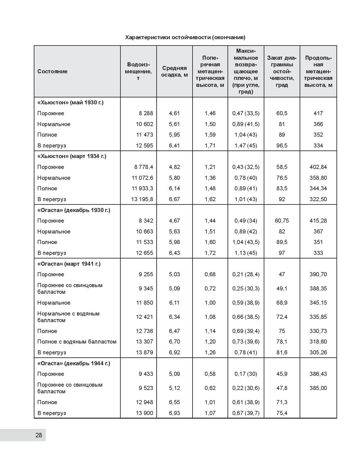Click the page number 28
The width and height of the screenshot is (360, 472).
(x=39, y=435)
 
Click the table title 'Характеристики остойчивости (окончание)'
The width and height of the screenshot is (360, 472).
(x=185, y=37)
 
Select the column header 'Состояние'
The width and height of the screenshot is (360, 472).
(x=52, y=71)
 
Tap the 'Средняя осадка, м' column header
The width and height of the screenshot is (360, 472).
(x=174, y=71)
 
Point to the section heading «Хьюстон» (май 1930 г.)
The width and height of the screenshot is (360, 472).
(x=70, y=103)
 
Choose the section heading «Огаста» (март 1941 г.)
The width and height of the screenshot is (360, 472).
(x=69, y=264)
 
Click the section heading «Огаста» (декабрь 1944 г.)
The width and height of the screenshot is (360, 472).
(x=74, y=363)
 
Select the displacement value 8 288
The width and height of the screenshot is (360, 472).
(x=146, y=113)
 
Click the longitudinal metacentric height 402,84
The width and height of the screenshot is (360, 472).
(x=318, y=167)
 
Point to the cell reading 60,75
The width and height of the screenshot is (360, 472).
(x=282, y=221)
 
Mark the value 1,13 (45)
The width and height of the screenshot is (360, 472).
(x=246, y=253)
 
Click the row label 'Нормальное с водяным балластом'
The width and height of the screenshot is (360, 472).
(x=68, y=317)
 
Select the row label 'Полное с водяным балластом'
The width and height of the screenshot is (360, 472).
(x=77, y=342)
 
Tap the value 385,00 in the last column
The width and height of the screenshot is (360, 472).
(x=318, y=388)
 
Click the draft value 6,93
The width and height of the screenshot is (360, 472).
(x=174, y=413)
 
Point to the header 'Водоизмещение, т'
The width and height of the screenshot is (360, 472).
(x=138, y=71)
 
